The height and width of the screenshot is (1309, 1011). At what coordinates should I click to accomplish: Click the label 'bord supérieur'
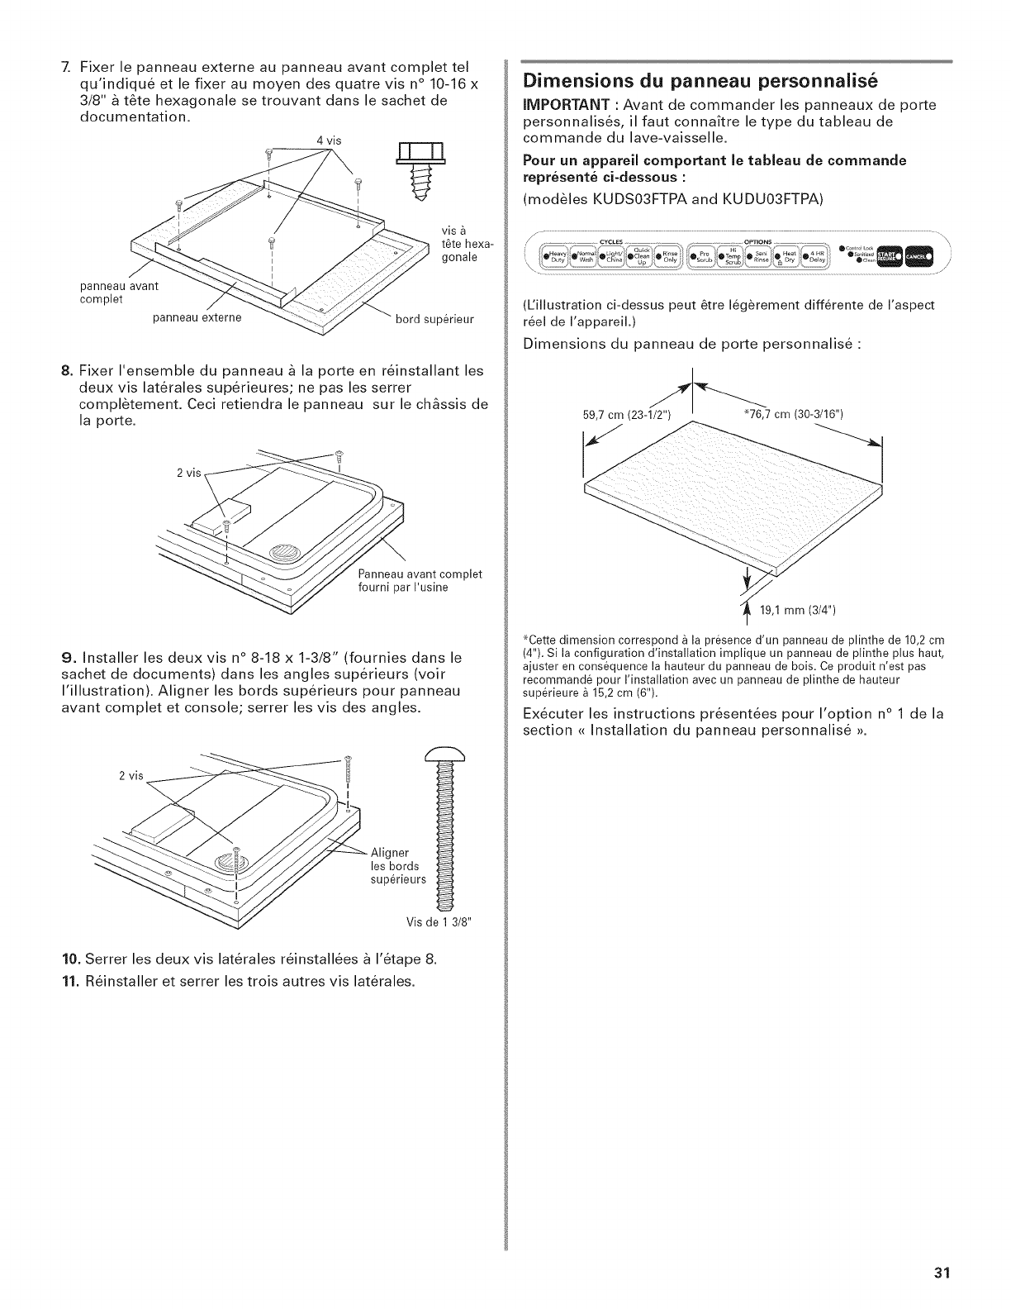pyautogui.click(x=438, y=320)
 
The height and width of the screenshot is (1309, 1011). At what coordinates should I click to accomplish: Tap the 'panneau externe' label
pyautogui.click(x=205, y=320)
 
